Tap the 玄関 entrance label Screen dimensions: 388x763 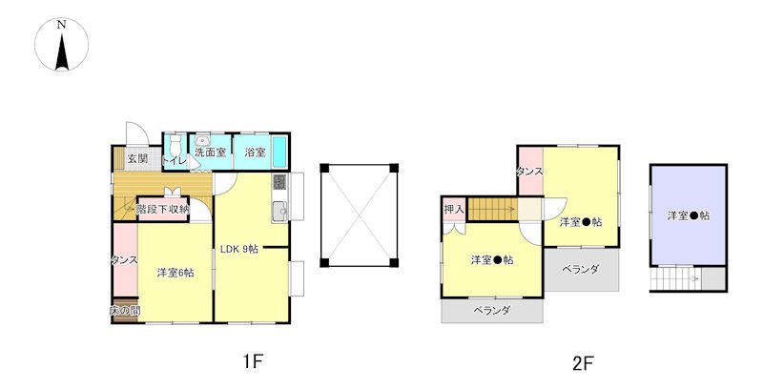136,159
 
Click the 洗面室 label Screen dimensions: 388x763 211,153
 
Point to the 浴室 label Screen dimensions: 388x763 255,153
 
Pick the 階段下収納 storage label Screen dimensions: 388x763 163,209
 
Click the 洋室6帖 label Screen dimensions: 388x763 175,274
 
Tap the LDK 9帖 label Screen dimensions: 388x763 240,250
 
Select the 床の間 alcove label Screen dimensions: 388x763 125,312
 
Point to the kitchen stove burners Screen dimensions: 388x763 279,181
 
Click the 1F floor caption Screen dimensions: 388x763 252,362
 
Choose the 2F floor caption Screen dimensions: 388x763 583,362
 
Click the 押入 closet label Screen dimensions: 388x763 454,209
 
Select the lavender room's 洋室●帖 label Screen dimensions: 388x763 688,215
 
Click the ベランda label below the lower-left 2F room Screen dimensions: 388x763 492,312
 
